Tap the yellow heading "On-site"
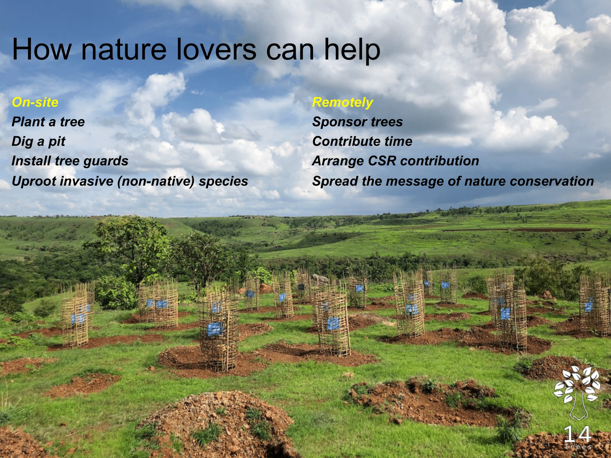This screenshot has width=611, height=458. coord(35,102)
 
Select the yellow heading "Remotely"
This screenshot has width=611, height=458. coord(342,103)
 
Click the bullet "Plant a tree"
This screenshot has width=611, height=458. coord(48,122)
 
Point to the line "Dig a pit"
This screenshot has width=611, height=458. coord(39,142)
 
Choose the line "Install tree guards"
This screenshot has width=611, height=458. coord(70,161)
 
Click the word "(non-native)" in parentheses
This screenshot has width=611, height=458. coord(156,181)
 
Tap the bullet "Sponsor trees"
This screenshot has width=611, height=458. coord(357,122)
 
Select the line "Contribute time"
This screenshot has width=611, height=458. coord(362,142)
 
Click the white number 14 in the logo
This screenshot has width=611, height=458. coord(578,434)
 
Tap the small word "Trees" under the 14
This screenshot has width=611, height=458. coord(578,447)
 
